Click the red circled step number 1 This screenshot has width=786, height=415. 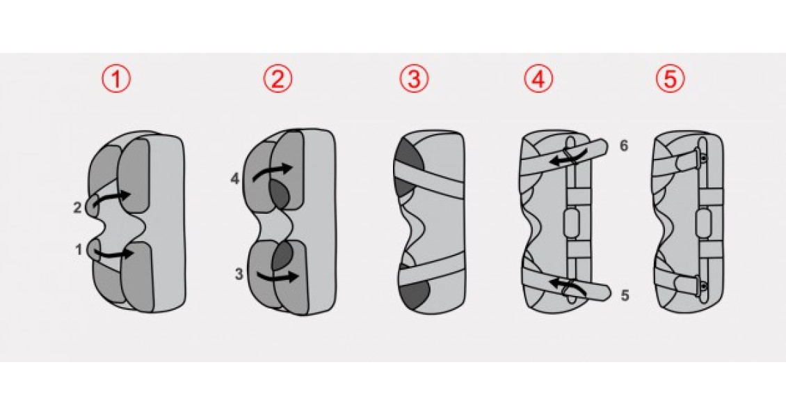pyautogui.click(x=115, y=79)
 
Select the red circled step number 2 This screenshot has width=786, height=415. pyautogui.click(x=278, y=79)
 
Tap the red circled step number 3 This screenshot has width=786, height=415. pyautogui.click(x=414, y=79)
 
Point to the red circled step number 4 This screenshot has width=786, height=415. pyautogui.click(x=538, y=79)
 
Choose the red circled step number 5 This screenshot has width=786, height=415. pyautogui.click(x=671, y=79)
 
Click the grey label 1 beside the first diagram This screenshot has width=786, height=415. pyautogui.click(x=79, y=249)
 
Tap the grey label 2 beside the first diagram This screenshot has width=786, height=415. pyautogui.click(x=77, y=207)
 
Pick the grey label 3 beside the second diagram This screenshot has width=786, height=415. pyautogui.click(x=239, y=274)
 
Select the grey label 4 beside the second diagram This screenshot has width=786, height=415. pyautogui.click(x=236, y=178)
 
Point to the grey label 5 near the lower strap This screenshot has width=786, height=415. pyautogui.click(x=625, y=295)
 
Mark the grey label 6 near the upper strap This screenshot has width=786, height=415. pyautogui.click(x=624, y=146)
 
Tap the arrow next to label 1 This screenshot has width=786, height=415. pyautogui.click(x=113, y=254)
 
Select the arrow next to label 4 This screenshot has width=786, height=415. pyautogui.click(x=273, y=169)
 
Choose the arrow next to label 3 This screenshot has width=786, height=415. pyautogui.click(x=275, y=276)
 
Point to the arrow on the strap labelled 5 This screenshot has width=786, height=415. pyautogui.click(x=568, y=286)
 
